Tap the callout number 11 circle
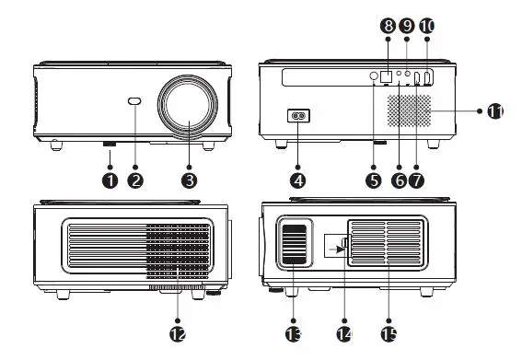[494, 110]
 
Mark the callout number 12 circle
[178, 332]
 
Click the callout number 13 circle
[294, 332]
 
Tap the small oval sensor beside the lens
[136, 102]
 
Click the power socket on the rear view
[296, 117]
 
